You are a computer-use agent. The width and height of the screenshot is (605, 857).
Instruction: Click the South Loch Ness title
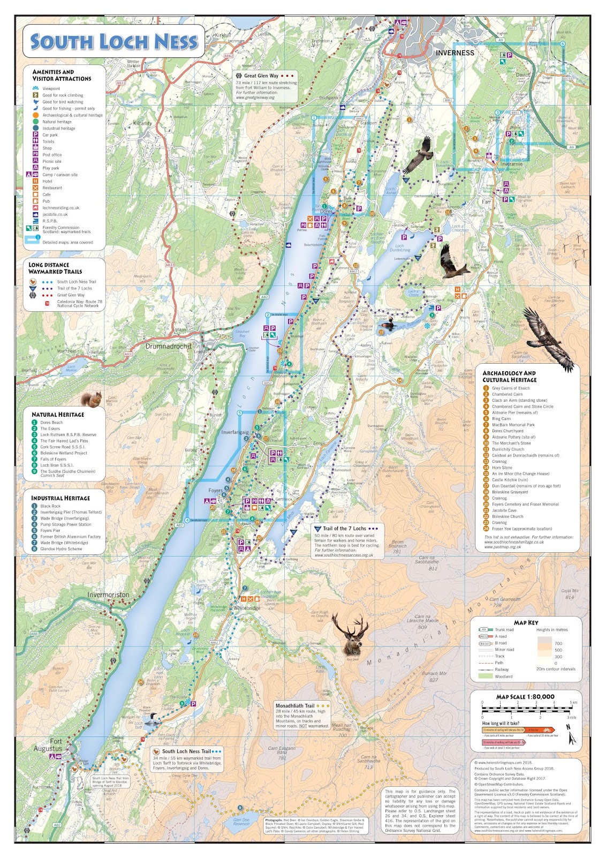coord(114,42)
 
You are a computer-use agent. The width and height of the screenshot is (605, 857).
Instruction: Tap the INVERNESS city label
coord(455,52)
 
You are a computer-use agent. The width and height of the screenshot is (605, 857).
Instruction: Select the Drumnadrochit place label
coord(168,347)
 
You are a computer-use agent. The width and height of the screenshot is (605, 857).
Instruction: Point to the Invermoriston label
coord(108,595)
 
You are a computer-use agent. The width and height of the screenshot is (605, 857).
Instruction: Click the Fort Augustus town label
coord(49,745)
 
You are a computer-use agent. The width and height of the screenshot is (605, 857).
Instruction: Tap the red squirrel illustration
coord(91,399)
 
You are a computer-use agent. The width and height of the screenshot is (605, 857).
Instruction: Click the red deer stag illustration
coord(352,635)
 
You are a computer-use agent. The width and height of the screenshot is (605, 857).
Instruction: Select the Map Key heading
coord(525,622)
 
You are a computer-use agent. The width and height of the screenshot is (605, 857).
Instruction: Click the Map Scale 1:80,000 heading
coord(525,697)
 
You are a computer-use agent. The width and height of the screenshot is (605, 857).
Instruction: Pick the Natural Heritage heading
coord(58,415)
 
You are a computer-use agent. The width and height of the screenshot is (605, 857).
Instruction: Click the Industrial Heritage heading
coord(61,498)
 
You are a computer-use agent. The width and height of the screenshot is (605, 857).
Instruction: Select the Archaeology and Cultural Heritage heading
coord(509,377)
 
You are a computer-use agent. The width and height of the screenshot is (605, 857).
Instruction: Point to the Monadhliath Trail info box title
coord(295,706)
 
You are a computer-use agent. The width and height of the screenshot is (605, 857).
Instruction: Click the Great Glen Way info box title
coord(261,76)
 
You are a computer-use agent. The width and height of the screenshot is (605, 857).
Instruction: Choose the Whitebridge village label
coord(246,608)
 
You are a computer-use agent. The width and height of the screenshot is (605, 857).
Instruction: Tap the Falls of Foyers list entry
coord(53,459)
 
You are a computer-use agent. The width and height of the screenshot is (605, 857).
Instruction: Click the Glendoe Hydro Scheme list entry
coord(61,548)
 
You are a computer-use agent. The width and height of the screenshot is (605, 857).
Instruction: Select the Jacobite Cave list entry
coord(504,510)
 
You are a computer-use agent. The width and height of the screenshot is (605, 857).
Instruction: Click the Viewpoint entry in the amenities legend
coord(51,88)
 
